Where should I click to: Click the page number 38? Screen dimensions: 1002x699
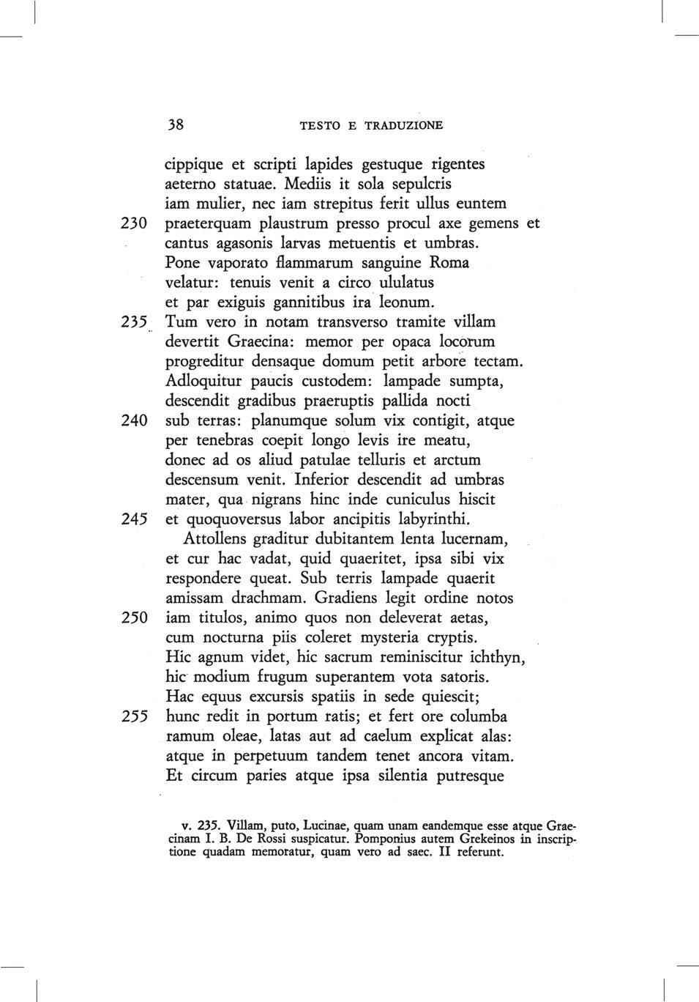175,125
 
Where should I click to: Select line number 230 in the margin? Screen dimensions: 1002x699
135,223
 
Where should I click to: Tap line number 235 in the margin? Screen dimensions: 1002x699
135,322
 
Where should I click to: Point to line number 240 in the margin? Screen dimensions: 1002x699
135,421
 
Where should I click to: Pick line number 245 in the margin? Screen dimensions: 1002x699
135,519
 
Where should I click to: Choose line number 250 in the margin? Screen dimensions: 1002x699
135,618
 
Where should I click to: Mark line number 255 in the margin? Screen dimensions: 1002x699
135,716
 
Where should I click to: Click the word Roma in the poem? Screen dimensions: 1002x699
449,262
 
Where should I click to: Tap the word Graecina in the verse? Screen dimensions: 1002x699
260,341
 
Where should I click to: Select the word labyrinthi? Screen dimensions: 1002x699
433,519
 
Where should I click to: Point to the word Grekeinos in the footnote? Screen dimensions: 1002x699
483,839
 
